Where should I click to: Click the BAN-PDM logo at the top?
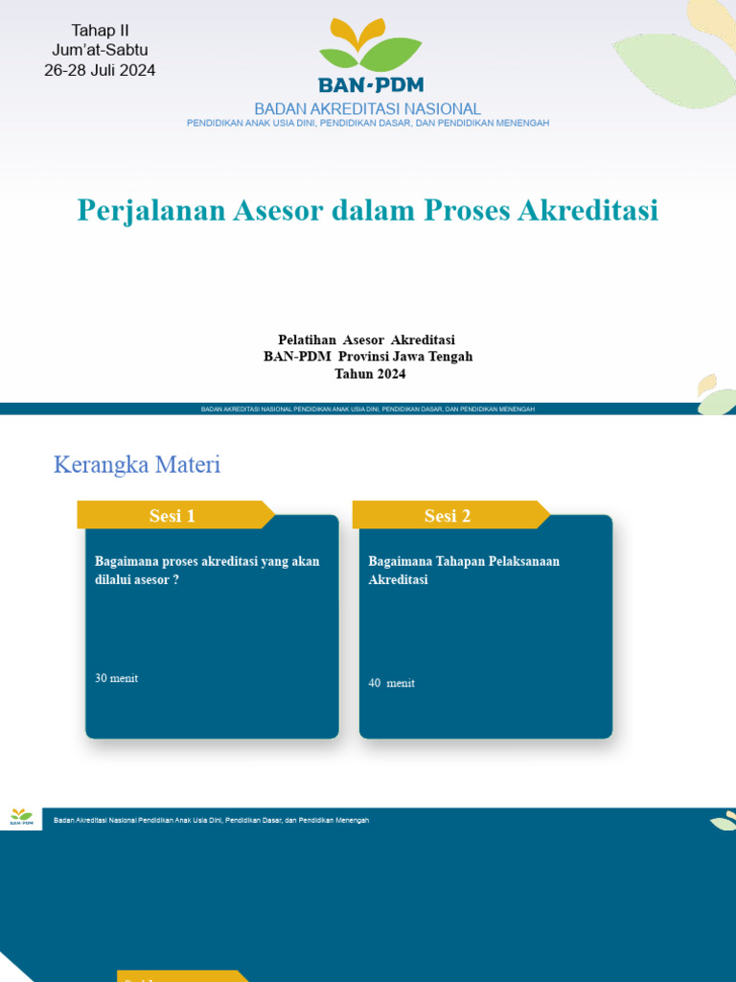click(371, 55)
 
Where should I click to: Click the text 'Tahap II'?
click(100, 31)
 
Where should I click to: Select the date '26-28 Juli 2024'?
click(100, 70)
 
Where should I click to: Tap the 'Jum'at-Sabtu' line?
click(100, 50)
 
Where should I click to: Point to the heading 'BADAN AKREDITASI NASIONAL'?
click(367, 109)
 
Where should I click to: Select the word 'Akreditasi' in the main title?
click(587, 210)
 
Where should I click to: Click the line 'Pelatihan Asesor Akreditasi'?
click(366, 339)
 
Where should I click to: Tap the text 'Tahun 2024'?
click(370, 374)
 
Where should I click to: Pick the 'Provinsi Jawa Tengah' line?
click(368, 357)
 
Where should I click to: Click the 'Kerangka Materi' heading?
click(137, 465)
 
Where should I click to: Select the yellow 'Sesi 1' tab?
click(172, 516)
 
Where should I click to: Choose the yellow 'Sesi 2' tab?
click(448, 516)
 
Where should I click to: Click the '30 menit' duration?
click(116, 678)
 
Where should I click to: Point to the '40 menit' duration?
click(391, 683)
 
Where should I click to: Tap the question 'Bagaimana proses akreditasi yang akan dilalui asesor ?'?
click(207, 571)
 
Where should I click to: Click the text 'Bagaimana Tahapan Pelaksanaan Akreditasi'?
click(464, 571)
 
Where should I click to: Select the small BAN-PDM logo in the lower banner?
click(21, 818)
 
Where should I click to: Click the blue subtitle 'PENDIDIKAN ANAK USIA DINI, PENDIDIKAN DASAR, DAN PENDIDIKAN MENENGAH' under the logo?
click(367, 123)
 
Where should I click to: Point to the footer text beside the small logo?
click(211, 820)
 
